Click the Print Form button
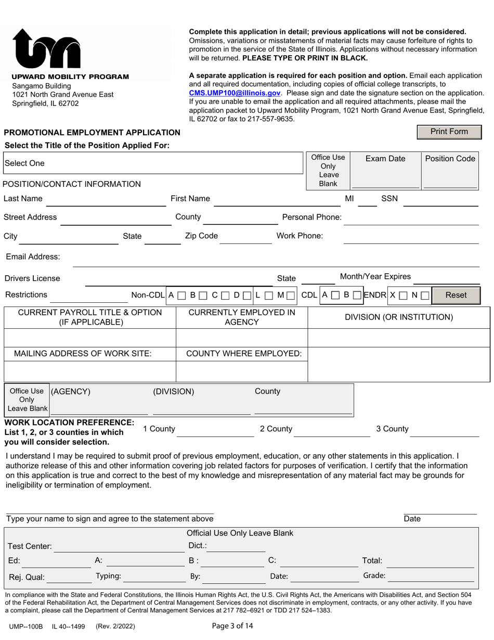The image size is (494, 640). [x=449, y=132]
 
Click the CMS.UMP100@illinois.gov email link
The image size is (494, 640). [x=235, y=93]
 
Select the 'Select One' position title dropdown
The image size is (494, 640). [x=153, y=163]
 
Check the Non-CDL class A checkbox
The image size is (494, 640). [x=181, y=296]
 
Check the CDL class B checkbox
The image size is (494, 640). [x=357, y=296]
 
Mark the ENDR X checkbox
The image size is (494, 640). [x=403, y=296]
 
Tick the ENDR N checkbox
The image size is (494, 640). [x=425, y=296]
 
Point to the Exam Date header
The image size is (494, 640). [x=385, y=159]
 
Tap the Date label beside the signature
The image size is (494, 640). [x=412, y=519]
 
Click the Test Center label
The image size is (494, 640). [x=29, y=546]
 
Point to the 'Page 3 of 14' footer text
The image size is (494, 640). [x=232, y=626]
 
